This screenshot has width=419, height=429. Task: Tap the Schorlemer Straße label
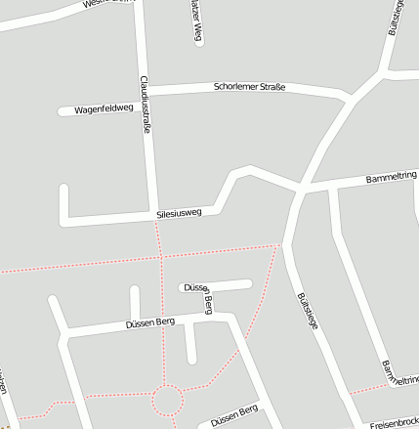(x=249, y=88)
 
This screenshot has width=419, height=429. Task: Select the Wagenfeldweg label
(x=104, y=109)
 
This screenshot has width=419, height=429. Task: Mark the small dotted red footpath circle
(x=166, y=400)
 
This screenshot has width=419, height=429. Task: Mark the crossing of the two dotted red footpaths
(x=160, y=257)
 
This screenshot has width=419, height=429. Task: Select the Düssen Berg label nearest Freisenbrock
(x=234, y=411)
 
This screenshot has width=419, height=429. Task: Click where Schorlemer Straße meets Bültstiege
(x=350, y=98)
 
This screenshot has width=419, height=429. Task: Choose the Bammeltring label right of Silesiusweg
(x=392, y=179)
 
